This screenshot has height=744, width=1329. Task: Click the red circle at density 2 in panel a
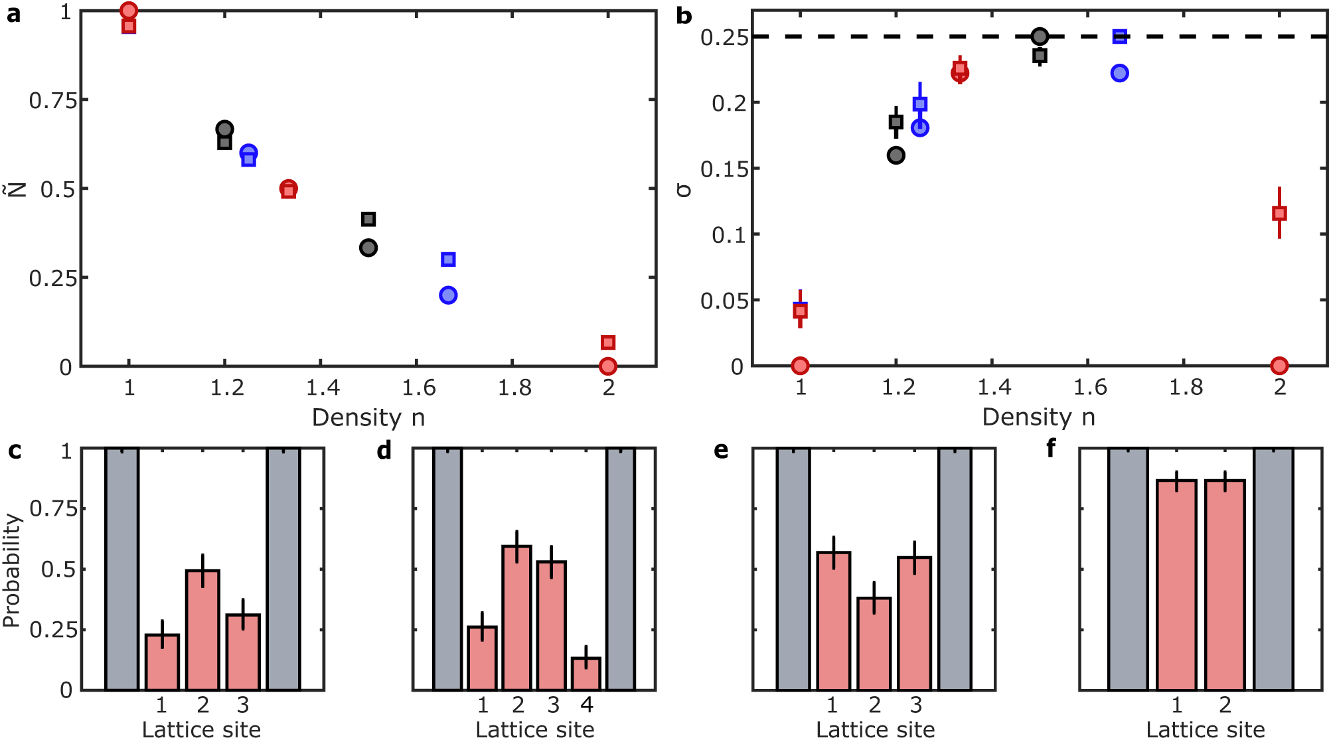tap(607, 366)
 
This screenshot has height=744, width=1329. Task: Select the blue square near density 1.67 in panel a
tap(448, 260)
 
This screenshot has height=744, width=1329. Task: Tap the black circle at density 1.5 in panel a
tap(368, 248)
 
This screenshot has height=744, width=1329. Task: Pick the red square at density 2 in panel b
tap(1279, 213)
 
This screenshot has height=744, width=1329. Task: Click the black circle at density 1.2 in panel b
tap(896, 155)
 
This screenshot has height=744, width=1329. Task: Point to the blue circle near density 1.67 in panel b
tap(1119, 73)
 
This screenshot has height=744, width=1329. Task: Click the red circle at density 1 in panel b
tap(800, 365)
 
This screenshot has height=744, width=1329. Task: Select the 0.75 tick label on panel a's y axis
tap(54, 101)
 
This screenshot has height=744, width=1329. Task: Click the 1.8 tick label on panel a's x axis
tap(514, 388)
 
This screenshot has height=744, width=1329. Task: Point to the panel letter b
tap(684, 15)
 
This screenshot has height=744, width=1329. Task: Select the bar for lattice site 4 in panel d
tap(586, 673)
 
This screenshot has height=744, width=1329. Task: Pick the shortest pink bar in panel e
tap(874, 643)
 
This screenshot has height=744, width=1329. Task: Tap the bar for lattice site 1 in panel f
tap(1176, 584)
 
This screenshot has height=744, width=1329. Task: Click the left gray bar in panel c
tap(122, 569)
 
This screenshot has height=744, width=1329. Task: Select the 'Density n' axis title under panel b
tap(1038, 417)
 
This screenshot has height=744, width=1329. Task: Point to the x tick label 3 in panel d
tap(553, 705)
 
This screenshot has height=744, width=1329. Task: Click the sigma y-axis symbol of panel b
tap(683, 190)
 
